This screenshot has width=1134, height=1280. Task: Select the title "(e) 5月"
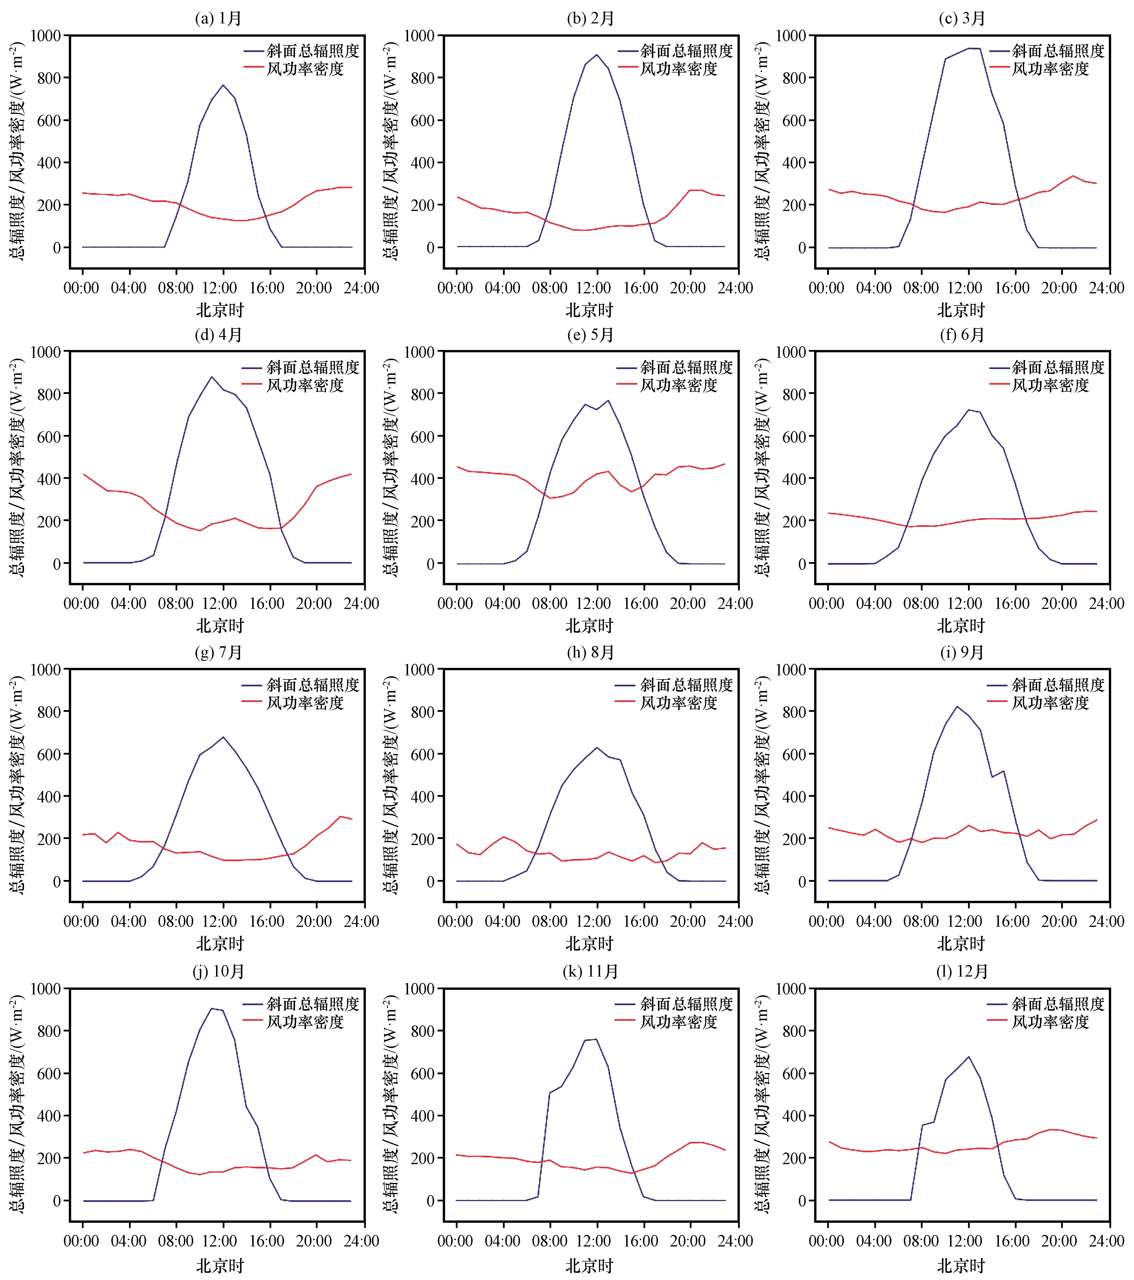590,335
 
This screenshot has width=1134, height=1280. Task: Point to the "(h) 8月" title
590,653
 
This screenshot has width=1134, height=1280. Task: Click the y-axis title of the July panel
17,786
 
